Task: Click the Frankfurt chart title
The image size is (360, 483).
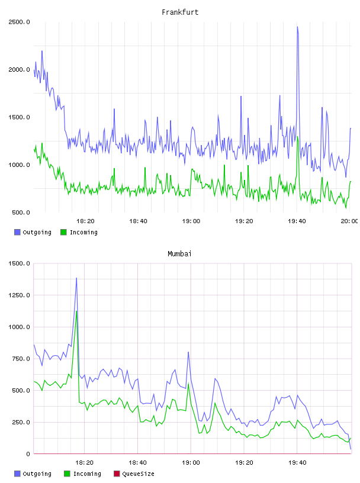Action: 180,12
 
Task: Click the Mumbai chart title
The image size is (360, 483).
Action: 179,254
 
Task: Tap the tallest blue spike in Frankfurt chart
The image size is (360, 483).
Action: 297,27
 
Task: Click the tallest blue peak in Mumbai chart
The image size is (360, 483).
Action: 76,278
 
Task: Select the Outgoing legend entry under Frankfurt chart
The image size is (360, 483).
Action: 33,232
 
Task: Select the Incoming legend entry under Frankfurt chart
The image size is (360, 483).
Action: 79,232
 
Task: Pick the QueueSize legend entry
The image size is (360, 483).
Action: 134,474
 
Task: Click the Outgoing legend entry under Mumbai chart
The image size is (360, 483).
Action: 33,474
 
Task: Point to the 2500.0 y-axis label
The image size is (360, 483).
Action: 19,22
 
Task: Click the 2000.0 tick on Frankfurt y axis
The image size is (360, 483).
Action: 19,70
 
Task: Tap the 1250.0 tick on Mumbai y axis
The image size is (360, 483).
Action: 19,295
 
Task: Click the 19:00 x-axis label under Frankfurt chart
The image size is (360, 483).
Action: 191,221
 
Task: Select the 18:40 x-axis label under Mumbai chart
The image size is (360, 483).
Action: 137,463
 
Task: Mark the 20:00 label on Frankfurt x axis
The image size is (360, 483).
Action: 349,221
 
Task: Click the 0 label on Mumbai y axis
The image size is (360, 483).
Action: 28,454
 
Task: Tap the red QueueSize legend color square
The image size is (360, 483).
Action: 117,474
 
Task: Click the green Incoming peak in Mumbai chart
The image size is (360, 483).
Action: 76,311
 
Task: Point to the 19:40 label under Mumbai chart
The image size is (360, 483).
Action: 297,463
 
